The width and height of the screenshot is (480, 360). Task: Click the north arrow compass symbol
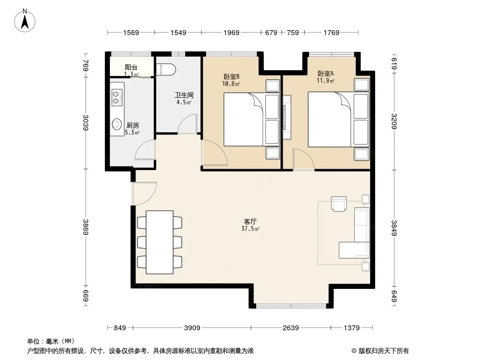(25, 20)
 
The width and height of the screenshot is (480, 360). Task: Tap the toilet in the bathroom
(166, 69)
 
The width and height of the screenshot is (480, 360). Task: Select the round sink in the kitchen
(117, 124)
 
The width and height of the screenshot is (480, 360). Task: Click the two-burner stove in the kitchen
(117, 97)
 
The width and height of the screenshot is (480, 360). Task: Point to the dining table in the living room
(159, 242)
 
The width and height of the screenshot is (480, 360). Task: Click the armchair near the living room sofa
(339, 204)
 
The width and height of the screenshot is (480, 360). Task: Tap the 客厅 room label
(250, 221)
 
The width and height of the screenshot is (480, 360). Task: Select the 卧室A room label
(326, 73)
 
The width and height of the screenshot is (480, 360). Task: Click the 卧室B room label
(231, 76)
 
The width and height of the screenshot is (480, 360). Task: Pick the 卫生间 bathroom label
(184, 95)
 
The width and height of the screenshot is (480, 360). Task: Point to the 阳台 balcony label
(131, 67)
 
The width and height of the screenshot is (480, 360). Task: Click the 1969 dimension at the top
(231, 33)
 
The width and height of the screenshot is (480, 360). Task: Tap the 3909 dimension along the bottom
(192, 328)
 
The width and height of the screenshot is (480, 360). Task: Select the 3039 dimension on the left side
(86, 122)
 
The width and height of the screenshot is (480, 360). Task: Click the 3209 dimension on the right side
(394, 121)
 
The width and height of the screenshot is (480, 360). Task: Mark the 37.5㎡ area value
(250, 229)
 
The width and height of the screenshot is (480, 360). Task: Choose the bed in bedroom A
(338, 119)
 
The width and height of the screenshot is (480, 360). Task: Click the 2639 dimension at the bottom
(290, 328)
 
